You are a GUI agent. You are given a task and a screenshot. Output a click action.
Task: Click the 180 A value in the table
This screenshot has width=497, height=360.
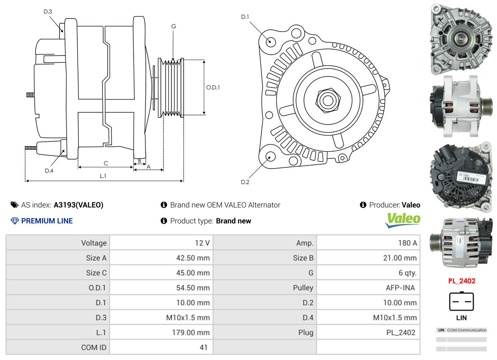pyautogui.click(x=407, y=243)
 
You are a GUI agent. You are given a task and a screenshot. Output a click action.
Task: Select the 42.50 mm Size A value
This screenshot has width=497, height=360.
pyautogui.click(x=193, y=258)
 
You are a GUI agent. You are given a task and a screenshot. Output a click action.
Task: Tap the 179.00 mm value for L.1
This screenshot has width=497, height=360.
pyautogui.click(x=191, y=332)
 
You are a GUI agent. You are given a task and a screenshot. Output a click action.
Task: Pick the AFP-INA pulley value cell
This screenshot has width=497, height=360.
pyautogui.click(x=400, y=288)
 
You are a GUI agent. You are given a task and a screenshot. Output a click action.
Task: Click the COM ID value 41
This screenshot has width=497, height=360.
pyautogui.click(x=204, y=347)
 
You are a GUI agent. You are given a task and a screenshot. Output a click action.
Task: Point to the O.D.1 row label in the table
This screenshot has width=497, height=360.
pyautogui.click(x=97, y=288)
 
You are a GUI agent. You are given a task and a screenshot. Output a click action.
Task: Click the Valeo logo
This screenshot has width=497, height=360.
pyautogui.click(x=403, y=220)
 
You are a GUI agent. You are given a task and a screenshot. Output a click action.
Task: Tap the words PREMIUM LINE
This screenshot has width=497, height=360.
pyautogui.click(x=47, y=221)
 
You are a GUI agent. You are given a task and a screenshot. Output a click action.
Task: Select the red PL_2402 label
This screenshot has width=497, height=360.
pyautogui.click(x=462, y=281)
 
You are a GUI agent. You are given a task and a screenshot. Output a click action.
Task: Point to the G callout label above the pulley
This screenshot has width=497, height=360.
pyautogui.click(x=173, y=26)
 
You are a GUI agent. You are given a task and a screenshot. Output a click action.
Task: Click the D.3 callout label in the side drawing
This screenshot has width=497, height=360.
pyautogui.click(x=48, y=11)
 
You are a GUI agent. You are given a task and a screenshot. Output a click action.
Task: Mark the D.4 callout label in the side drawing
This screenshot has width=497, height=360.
pyautogui.click(x=49, y=171)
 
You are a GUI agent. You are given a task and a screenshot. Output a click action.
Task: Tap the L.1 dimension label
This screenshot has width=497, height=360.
pyautogui.click(x=103, y=176)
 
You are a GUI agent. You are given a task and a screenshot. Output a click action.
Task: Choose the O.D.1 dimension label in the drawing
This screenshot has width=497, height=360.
pyautogui.click(x=213, y=87)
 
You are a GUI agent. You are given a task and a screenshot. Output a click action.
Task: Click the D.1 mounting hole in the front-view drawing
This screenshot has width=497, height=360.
pyautogui.click(x=270, y=41)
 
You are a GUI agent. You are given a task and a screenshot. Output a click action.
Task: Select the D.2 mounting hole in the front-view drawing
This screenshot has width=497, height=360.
pyautogui.click(x=270, y=156)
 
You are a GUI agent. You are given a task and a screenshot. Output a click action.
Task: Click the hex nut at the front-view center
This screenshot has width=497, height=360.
pyautogui.click(x=327, y=100)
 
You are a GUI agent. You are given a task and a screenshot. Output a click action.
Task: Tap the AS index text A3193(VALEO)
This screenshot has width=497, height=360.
pyautogui.click(x=78, y=205)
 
